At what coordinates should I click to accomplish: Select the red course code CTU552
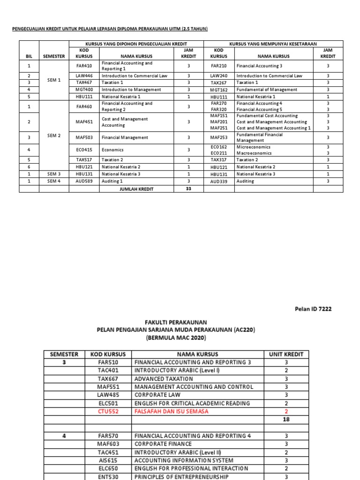click(x=108, y=411)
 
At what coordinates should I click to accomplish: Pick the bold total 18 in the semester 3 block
click(x=286, y=420)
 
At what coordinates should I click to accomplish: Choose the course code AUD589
click(x=84, y=181)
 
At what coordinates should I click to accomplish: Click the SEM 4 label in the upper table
click(x=54, y=181)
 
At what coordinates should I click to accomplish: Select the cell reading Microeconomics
click(x=253, y=147)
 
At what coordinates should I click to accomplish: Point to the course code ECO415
click(x=84, y=150)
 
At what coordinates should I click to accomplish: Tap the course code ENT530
click(x=108, y=476)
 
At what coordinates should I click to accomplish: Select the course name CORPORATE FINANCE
click(x=163, y=443)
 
